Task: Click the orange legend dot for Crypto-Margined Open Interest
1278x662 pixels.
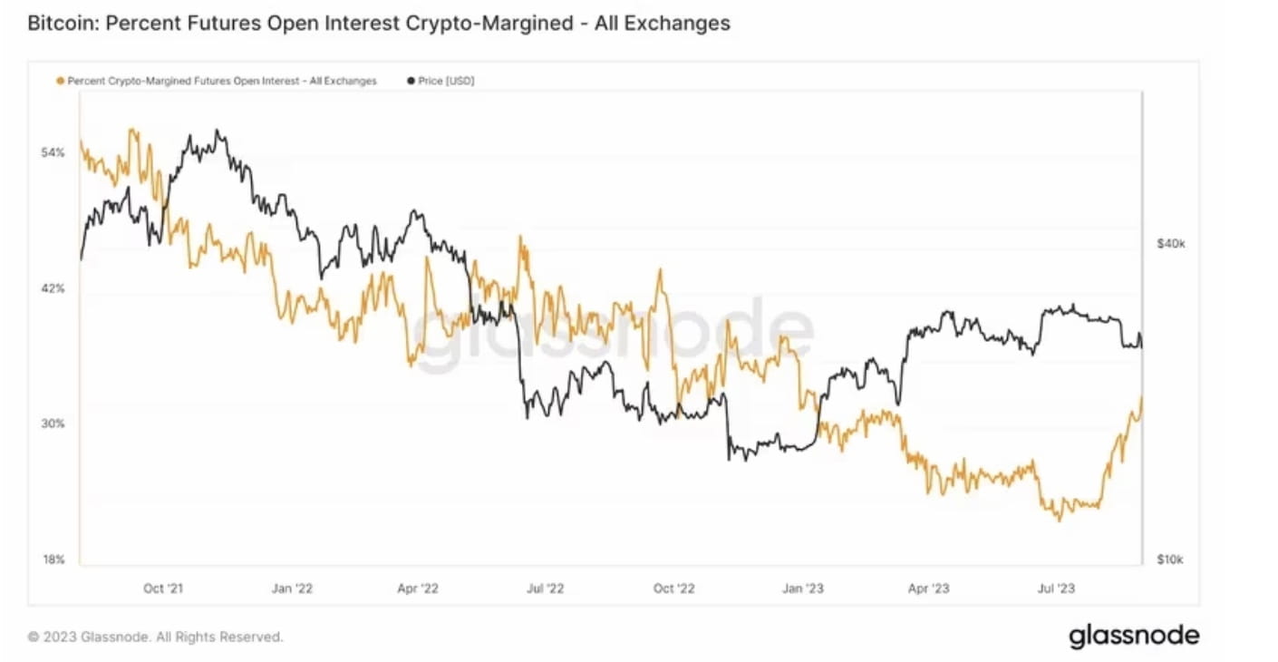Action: pos(61,81)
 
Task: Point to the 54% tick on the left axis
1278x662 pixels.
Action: pos(53,152)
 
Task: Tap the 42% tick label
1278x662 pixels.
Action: pos(53,288)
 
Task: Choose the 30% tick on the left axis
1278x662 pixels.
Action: pos(53,423)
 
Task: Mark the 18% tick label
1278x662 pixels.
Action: pos(53,560)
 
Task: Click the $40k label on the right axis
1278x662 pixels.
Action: pos(1170,244)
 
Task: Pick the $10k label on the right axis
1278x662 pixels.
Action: pos(1170,560)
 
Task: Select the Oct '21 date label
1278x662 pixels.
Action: pos(163,589)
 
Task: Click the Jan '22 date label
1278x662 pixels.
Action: pos(292,589)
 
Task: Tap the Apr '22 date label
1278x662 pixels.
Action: pos(418,589)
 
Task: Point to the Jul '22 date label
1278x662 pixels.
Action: pos(546,589)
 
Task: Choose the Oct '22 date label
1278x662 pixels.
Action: pos(674,589)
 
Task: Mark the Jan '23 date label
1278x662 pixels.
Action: pos(803,589)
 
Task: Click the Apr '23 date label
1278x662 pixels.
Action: pos(929,589)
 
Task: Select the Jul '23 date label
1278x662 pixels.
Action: pos(1056,589)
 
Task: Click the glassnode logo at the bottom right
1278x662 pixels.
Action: pos(1134,636)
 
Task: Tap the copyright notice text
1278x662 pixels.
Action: pos(155,637)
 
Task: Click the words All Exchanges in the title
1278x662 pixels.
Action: pos(663,24)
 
